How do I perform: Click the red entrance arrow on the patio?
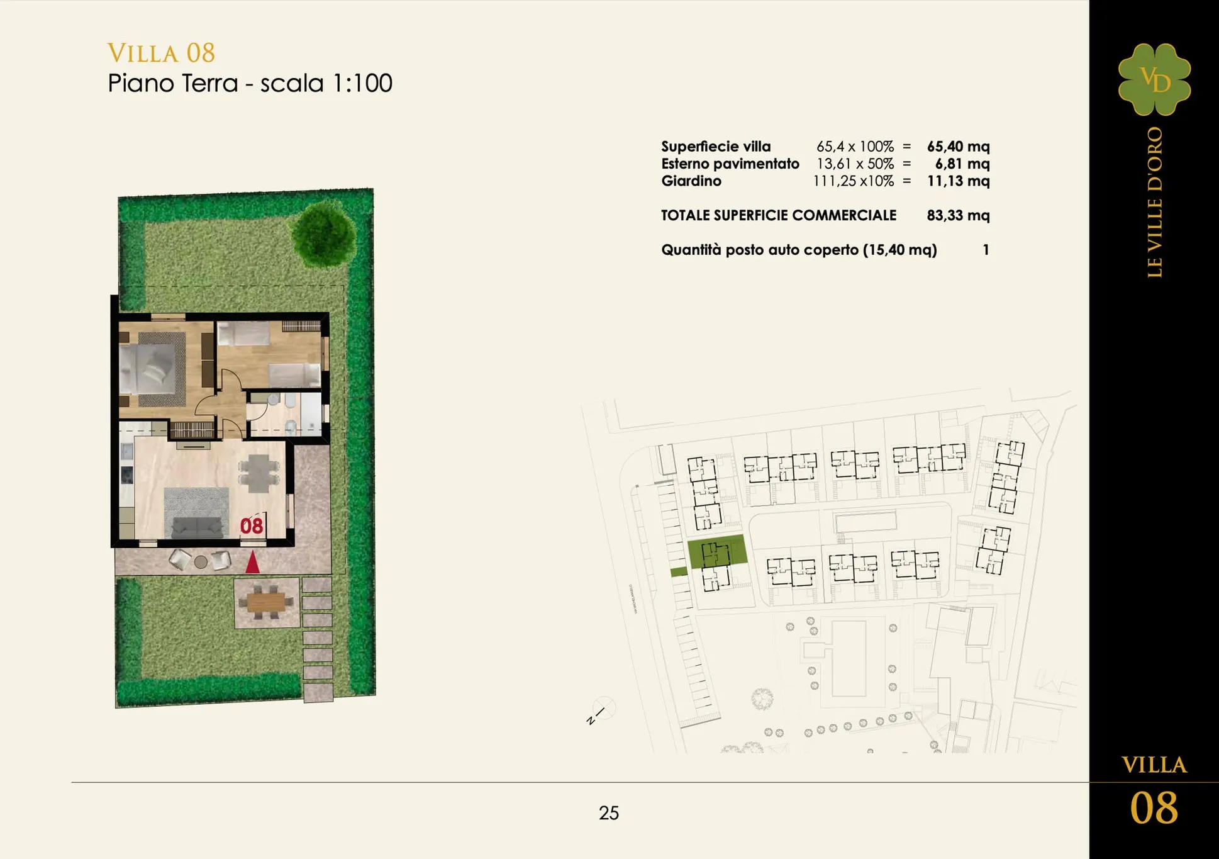(x=252, y=562)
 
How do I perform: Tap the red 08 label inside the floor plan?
(x=252, y=525)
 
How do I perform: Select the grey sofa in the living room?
(x=198, y=527)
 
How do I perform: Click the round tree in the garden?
(x=323, y=233)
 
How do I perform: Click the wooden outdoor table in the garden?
(x=266, y=602)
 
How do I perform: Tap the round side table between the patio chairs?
(x=201, y=562)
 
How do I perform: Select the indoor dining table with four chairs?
(x=259, y=473)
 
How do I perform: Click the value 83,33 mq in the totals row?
(x=958, y=215)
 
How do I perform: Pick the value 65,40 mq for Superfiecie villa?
(x=958, y=147)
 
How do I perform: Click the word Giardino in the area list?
(x=691, y=181)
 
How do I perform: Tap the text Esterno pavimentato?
(x=730, y=164)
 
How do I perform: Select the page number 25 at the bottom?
(x=609, y=813)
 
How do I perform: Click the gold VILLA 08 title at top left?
(x=161, y=53)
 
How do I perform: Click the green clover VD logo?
(x=1154, y=79)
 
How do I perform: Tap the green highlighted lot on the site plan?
(x=717, y=552)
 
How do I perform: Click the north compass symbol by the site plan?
(x=599, y=711)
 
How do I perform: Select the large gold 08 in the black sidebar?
(x=1154, y=808)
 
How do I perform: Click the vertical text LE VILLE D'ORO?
(x=1155, y=202)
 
